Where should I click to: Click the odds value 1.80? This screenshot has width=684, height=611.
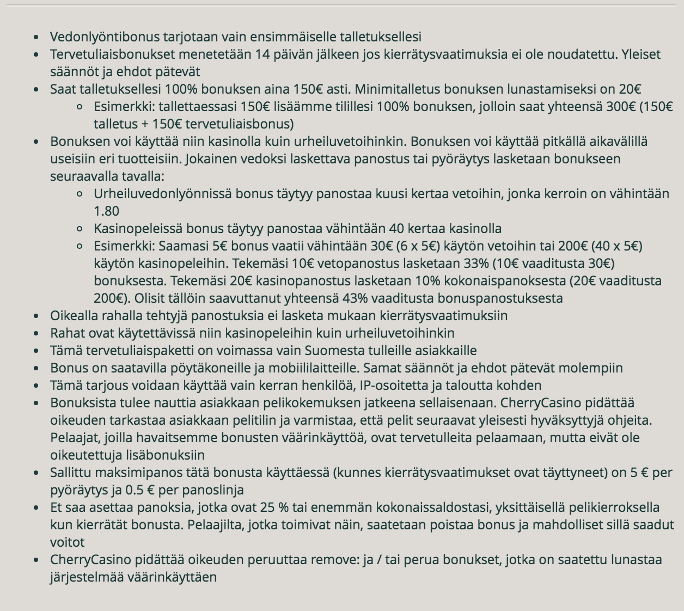[x=106, y=211]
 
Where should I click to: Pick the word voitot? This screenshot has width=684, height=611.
[x=67, y=542]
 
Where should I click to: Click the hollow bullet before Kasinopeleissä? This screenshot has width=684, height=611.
[x=80, y=229]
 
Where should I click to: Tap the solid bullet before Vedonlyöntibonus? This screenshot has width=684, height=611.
[x=36, y=37]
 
